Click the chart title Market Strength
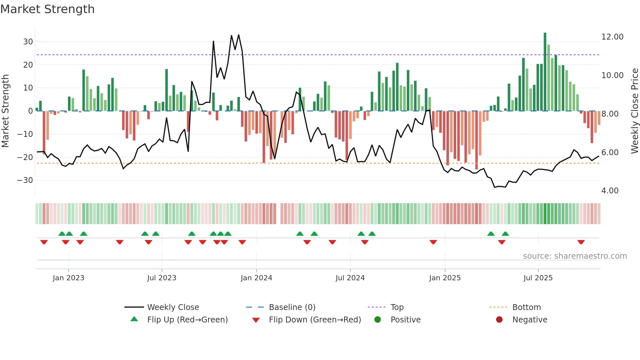tap(47, 9)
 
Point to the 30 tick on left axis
tap(28, 42)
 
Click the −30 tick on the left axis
tap(25, 180)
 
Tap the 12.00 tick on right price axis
tap(612, 37)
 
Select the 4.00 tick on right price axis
tap(610, 191)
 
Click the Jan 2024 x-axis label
tap(256, 278)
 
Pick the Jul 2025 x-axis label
tap(538, 278)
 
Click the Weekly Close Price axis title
tap(634, 111)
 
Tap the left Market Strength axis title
tap(5, 111)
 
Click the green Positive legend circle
tap(378, 320)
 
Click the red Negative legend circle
tap(499, 320)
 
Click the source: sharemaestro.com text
tap(575, 256)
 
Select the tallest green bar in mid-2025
tap(545, 72)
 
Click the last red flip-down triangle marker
tap(581, 242)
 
